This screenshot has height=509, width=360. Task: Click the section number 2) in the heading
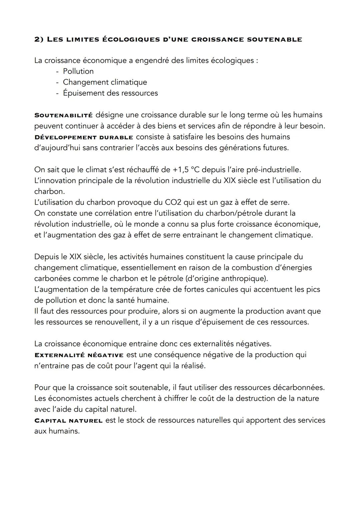pyautogui.click(x=39, y=40)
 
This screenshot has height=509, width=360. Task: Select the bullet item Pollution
pyautogui.click(x=78, y=71)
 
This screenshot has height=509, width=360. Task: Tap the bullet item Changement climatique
pyautogui.click(x=105, y=82)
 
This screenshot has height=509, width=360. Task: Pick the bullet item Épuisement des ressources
pyautogui.click(x=110, y=93)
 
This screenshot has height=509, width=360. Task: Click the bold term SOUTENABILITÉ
pyautogui.click(x=63, y=115)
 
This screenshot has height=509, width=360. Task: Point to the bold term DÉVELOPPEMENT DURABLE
pyautogui.click(x=84, y=137)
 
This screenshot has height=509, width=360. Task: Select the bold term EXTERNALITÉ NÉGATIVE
pyautogui.click(x=79, y=355)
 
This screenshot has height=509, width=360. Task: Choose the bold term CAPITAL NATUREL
pyautogui.click(x=68, y=421)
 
